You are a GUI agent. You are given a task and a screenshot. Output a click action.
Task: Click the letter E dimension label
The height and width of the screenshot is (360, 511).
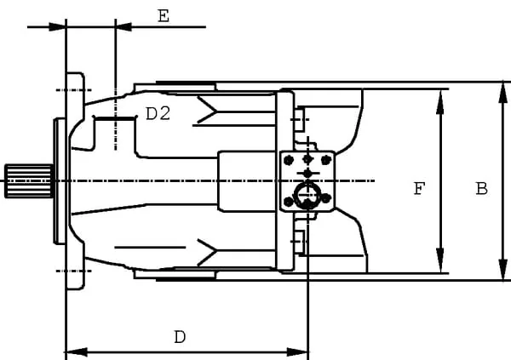[164, 16]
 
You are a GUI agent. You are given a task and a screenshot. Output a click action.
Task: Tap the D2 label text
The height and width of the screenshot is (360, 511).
[158, 114]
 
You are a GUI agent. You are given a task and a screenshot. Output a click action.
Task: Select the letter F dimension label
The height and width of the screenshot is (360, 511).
[419, 189]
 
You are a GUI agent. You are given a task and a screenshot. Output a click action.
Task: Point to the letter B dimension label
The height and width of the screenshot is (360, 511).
[482, 189]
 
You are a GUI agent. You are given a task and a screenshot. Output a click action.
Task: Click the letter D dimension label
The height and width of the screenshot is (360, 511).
[180, 337]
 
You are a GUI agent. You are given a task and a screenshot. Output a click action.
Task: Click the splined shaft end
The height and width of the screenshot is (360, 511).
[29, 181]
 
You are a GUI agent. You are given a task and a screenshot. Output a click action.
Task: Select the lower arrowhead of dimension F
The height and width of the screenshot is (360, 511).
[440, 260]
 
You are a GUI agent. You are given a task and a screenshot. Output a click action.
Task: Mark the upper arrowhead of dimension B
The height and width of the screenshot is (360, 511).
[503, 94]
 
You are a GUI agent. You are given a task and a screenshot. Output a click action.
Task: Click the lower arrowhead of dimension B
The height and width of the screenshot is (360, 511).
[503, 268]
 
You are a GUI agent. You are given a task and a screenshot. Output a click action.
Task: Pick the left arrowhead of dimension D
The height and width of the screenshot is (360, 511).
[77, 352]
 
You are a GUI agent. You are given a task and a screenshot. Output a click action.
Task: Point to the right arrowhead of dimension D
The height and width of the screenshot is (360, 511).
[297, 352]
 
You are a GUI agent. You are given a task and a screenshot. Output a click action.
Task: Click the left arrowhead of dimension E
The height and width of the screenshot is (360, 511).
[57, 26]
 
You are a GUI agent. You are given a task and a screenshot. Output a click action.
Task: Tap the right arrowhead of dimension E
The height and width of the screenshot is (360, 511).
[123, 26]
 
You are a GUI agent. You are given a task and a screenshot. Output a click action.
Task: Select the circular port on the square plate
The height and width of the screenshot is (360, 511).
[307, 196]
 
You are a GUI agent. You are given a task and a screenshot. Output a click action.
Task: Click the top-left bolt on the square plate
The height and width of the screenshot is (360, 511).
[289, 160]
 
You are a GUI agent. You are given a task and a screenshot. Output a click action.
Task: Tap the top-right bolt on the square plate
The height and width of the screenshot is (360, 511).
[326, 160]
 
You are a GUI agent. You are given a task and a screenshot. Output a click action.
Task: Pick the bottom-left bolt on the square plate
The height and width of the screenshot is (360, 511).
[289, 202]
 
